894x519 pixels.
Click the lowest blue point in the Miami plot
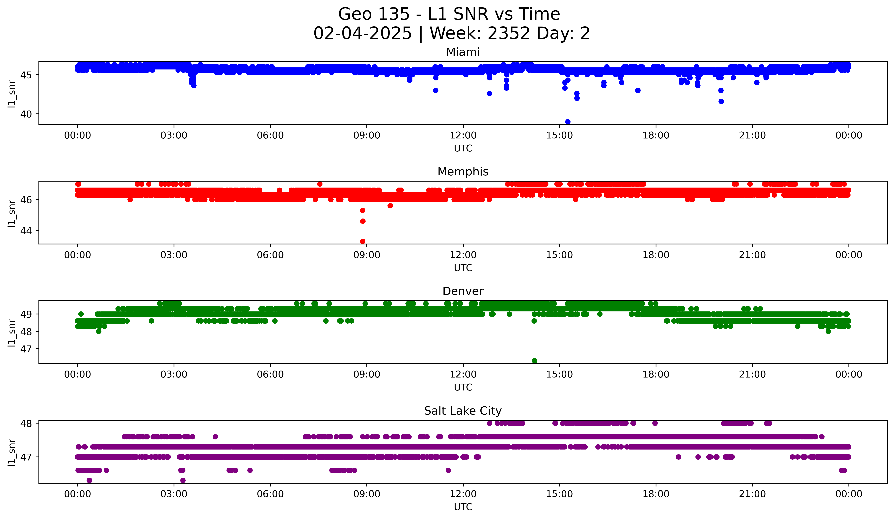coord(568,122)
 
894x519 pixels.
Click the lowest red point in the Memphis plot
coord(362,241)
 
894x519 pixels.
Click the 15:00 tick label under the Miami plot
coord(559,136)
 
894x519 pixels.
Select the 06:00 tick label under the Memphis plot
coord(270,255)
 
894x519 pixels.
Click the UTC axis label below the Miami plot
coord(463,148)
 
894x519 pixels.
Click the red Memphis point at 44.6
coord(362,221)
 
